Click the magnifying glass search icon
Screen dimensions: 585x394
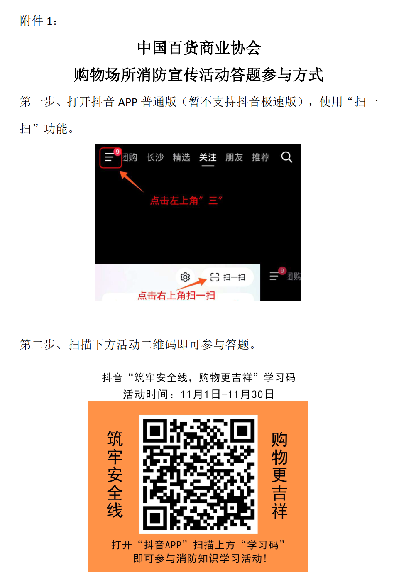[x=286, y=157]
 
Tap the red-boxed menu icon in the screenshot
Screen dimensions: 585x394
[x=110, y=157]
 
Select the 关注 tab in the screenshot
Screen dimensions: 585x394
[x=208, y=157]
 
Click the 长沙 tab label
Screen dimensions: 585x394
[x=155, y=157]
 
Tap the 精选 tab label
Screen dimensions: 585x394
[x=181, y=157]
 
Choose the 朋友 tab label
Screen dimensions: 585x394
[x=234, y=157]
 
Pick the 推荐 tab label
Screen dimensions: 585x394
[x=261, y=157]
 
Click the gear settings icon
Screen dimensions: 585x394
[x=185, y=277]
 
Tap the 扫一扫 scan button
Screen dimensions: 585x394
[x=228, y=277]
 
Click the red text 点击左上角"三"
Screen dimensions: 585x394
[x=186, y=201]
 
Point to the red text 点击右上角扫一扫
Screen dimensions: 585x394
[x=176, y=295]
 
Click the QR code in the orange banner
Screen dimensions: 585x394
[x=198, y=474]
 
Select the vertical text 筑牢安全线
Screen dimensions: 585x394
[x=115, y=474]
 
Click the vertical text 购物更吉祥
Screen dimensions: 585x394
[x=279, y=475]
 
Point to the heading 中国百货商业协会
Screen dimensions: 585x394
[x=199, y=48]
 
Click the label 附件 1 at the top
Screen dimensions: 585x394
[x=38, y=21]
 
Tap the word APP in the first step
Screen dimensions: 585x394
[x=127, y=102]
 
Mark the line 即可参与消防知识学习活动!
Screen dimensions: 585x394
[x=200, y=558]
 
